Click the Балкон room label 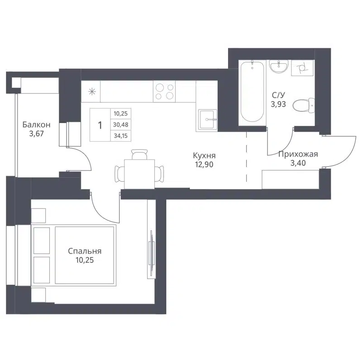coord(35,125)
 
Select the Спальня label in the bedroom coord(85,251)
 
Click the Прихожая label coord(298,154)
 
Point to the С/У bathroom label coord(278,95)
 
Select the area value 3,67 coord(35,134)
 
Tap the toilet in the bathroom coord(303,106)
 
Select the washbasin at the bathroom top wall coord(278,67)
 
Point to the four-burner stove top coord(164,91)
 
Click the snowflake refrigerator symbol coord(91,91)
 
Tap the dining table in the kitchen coord(138,172)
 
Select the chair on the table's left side coord(119,173)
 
